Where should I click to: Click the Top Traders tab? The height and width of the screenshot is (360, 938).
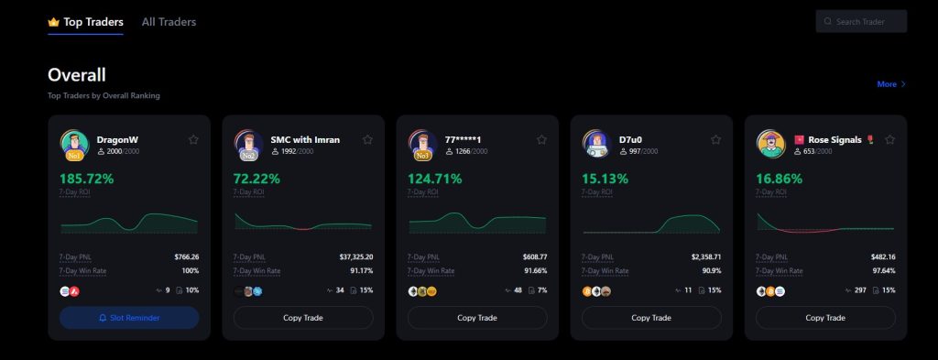(x=93, y=21)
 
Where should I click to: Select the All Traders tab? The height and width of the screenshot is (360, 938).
(x=169, y=21)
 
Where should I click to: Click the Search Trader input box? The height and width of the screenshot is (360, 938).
(x=861, y=21)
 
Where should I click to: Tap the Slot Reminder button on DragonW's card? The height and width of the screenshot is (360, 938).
(x=129, y=318)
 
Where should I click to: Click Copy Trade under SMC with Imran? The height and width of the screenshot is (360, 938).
(x=303, y=318)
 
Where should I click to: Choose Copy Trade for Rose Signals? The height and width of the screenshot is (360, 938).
(x=825, y=318)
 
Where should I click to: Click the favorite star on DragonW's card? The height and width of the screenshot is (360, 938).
(x=193, y=140)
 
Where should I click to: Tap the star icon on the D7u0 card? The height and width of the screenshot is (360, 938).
(x=715, y=140)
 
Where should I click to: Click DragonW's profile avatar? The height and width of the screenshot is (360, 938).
(x=74, y=144)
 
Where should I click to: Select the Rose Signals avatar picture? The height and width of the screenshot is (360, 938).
(x=770, y=144)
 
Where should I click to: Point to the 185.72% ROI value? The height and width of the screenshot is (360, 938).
(x=87, y=178)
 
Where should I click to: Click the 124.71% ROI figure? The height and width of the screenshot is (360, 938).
(x=435, y=178)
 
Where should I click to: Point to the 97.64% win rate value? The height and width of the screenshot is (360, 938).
(x=881, y=271)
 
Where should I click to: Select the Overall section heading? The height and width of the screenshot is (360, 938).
(x=77, y=74)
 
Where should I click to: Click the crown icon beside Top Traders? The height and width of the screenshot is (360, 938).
(x=53, y=21)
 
